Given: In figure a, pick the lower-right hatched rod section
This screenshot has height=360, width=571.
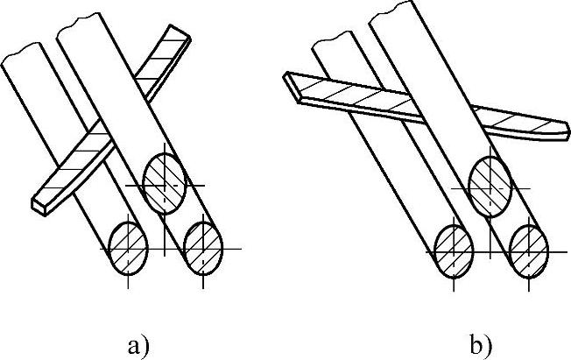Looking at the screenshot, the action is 202,246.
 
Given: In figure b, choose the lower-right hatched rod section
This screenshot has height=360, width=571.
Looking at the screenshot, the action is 529,248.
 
